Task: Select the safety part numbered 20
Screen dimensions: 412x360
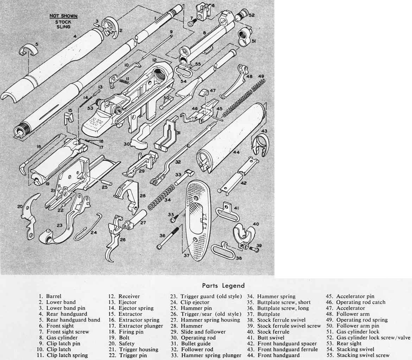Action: tap(30, 215)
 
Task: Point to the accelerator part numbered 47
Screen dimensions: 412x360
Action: tap(204, 93)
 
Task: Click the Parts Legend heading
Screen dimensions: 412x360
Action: tap(223, 285)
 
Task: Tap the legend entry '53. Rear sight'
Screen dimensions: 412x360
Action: tap(344, 343)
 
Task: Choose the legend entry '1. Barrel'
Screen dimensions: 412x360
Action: tap(50, 296)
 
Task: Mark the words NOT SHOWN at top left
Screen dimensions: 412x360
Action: tap(64, 16)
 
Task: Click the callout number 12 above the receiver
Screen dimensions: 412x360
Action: tap(154, 60)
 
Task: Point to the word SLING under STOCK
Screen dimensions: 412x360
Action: tap(63, 27)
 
